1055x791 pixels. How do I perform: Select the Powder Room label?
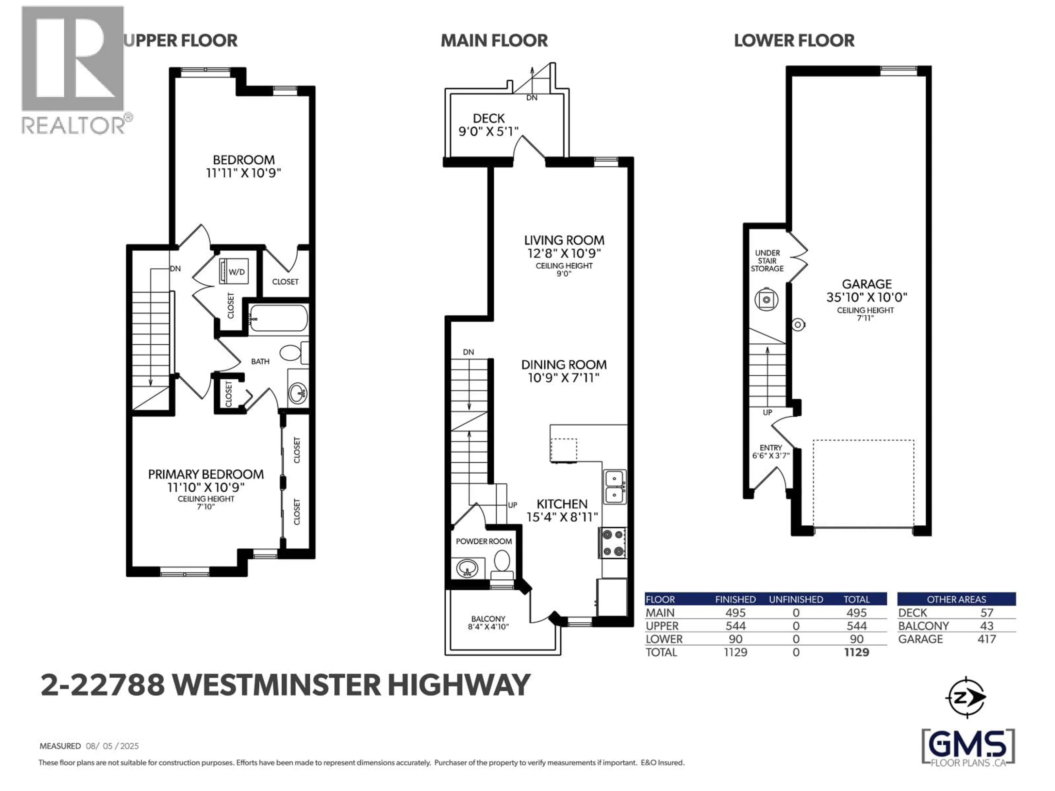tap(484, 541)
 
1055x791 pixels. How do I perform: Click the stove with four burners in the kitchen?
tap(613, 543)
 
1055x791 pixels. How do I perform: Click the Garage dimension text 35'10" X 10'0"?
tap(866, 297)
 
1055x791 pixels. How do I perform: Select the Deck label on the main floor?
tap(488, 118)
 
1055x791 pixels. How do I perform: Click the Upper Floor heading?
tap(180, 41)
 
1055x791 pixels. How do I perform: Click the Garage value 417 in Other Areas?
tap(986, 639)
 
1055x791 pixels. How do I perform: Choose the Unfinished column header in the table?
tap(796, 599)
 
